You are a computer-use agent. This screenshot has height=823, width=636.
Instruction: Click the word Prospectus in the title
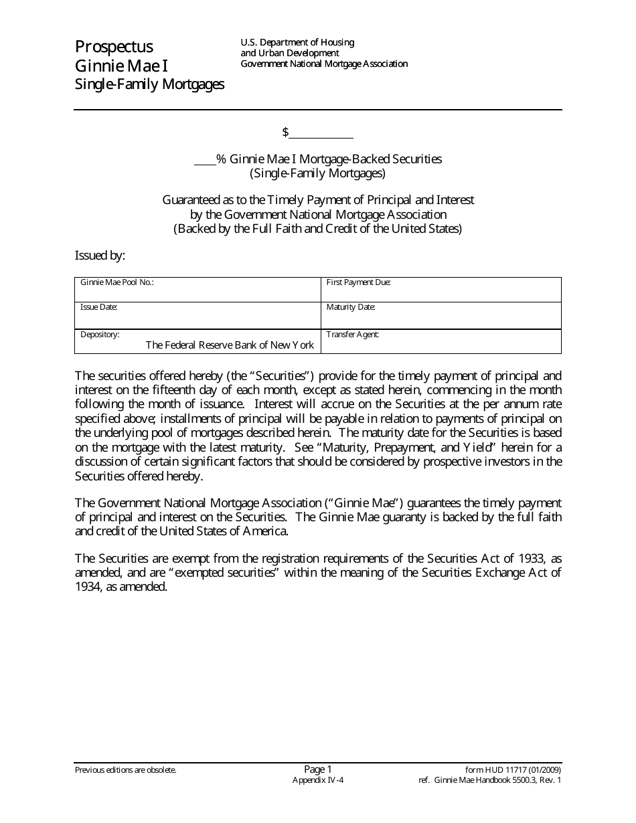(x=114, y=47)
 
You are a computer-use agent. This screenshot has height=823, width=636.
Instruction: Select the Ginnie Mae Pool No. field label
(x=117, y=282)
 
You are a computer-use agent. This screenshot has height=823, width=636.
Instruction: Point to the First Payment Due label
(x=358, y=282)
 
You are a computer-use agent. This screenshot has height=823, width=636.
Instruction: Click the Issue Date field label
(x=99, y=307)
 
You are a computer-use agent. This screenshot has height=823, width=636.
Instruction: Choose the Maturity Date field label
(x=351, y=307)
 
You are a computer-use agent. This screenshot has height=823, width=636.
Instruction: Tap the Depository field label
(x=100, y=334)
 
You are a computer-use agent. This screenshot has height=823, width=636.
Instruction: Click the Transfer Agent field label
(x=352, y=334)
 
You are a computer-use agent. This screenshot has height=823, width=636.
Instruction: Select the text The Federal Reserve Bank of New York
(x=230, y=345)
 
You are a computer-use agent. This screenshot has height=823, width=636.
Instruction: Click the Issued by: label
(x=100, y=255)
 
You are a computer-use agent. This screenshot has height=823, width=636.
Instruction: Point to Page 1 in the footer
(x=318, y=769)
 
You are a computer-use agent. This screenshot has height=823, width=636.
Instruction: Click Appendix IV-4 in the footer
(x=318, y=780)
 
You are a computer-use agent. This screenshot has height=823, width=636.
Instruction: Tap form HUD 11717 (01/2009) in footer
(x=513, y=770)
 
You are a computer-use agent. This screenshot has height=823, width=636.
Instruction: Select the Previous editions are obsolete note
(x=125, y=770)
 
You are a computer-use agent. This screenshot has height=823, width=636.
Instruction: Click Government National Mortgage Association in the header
(x=324, y=64)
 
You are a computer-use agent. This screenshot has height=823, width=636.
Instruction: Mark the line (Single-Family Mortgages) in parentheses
(x=318, y=173)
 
